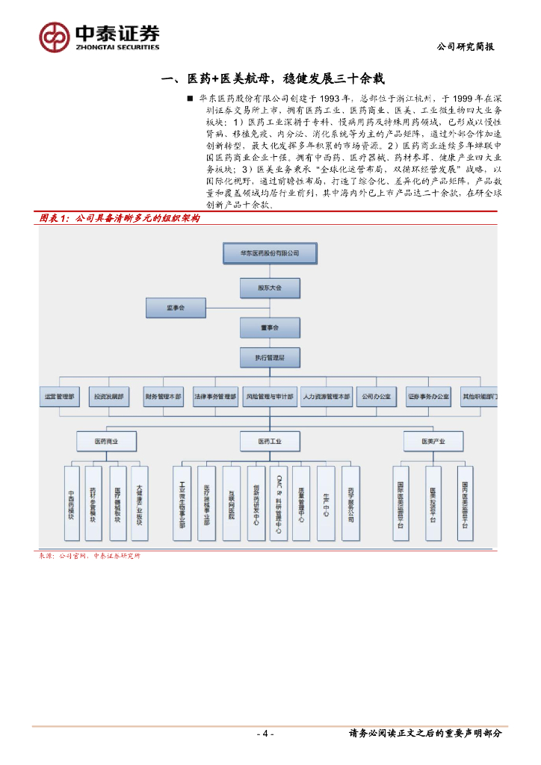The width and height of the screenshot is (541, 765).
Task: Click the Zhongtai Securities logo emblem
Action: pos(55,37)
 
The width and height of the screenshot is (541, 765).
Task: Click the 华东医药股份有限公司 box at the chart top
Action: pos(259,253)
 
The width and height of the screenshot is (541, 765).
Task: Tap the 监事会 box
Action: pos(176,306)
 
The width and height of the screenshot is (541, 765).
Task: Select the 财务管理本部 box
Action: pos(164,397)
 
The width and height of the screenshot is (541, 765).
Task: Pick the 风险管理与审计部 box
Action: pos(270,397)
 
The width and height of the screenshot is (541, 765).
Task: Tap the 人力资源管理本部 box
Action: pos(327,397)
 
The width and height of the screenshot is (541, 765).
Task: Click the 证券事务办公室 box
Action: pos(428,397)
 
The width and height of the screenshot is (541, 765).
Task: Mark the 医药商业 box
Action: pos(105,442)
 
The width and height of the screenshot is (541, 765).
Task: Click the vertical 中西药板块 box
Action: pos(72,504)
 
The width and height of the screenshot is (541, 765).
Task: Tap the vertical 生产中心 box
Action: pos(326,504)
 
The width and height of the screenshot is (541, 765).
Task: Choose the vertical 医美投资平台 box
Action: pos(433,504)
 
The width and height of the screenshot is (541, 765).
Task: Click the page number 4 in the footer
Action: pos(265,734)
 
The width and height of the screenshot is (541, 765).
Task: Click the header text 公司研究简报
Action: pos(466,46)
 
